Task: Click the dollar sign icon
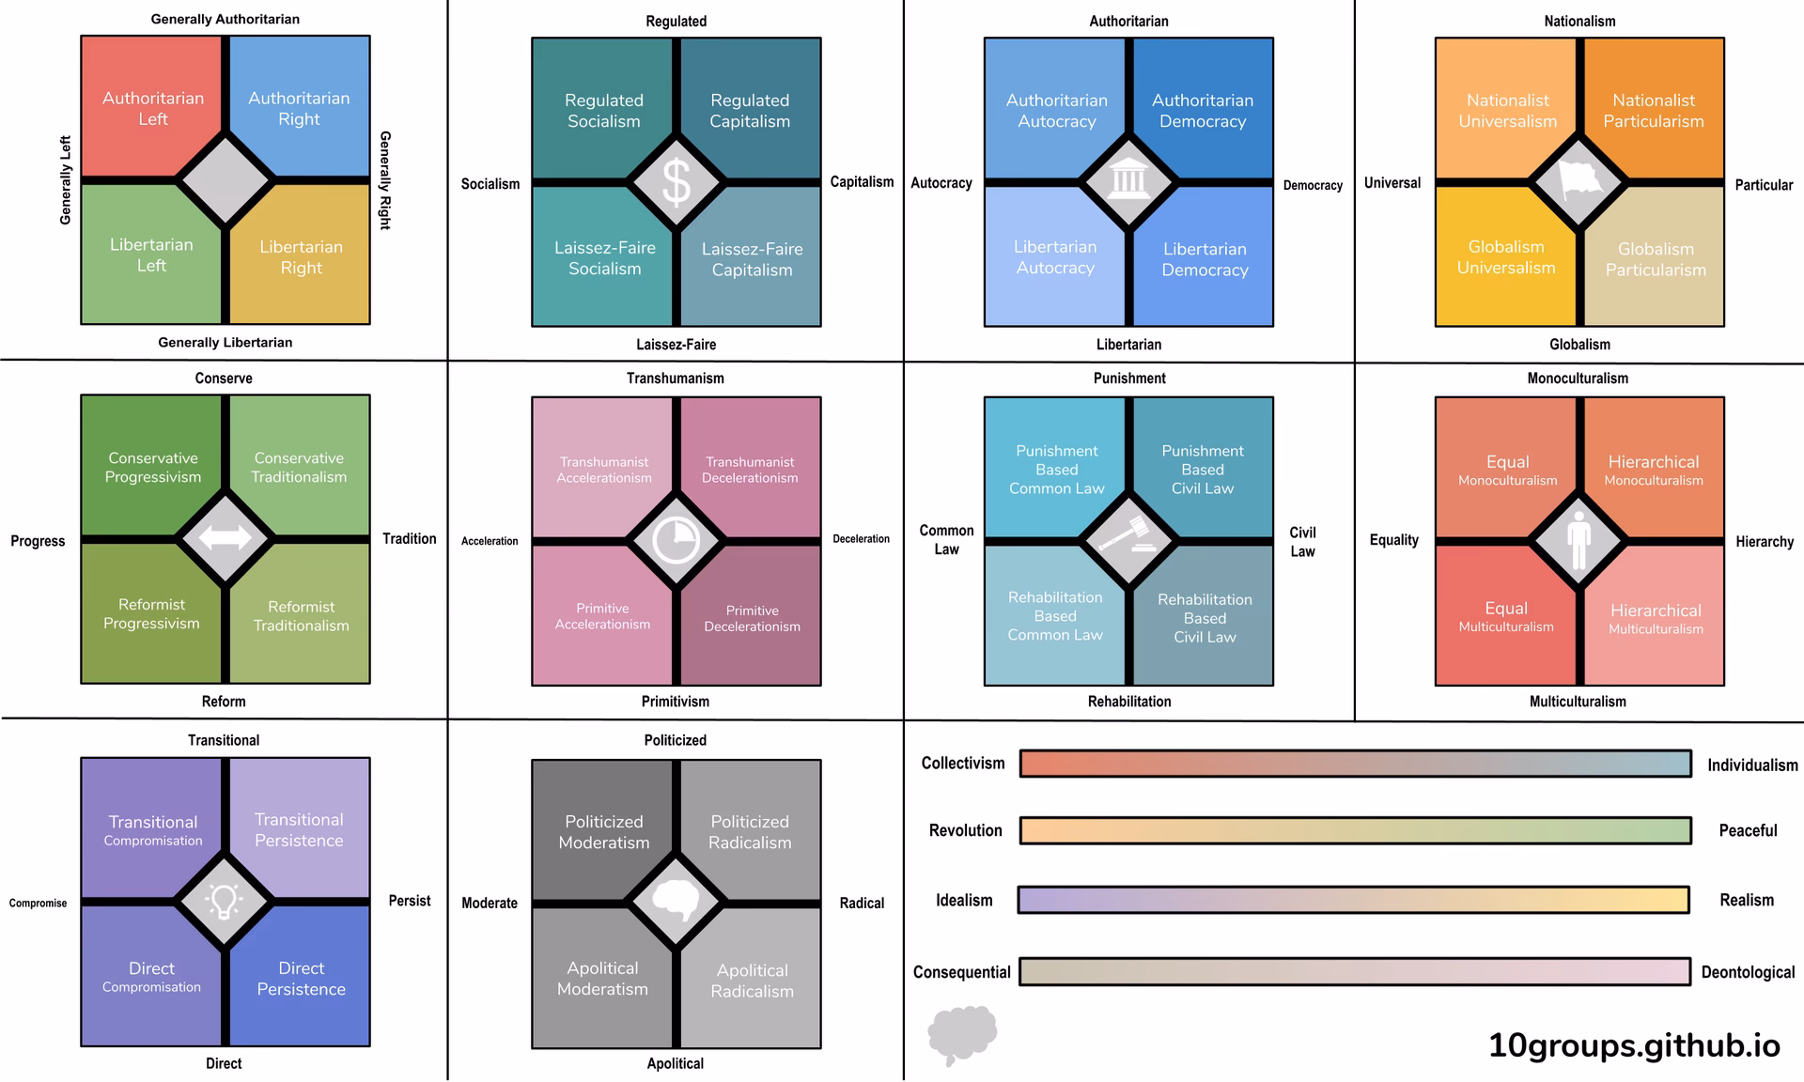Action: tap(676, 182)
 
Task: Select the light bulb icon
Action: tap(225, 901)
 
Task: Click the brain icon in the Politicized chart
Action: tap(676, 901)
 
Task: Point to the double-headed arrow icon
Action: tap(225, 538)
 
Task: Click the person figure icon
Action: tap(1578, 540)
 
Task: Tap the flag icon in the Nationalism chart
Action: tap(1579, 181)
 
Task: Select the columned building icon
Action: tap(1127, 179)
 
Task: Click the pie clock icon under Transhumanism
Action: tap(676, 540)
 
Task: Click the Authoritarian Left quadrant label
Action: tap(153, 108)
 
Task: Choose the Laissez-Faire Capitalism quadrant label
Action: tap(752, 259)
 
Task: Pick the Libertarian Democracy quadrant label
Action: tap(1205, 259)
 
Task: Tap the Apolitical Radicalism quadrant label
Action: tap(752, 981)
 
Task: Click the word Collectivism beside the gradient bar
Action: tap(963, 763)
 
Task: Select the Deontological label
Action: tap(1748, 972)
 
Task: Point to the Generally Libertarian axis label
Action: tap(225, 342)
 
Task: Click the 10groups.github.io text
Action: tap(1634, 1045)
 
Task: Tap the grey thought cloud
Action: tap(962, 1035)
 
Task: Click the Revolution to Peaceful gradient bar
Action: tap(1356, 830)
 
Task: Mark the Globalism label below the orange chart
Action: tap(1579, 345)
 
